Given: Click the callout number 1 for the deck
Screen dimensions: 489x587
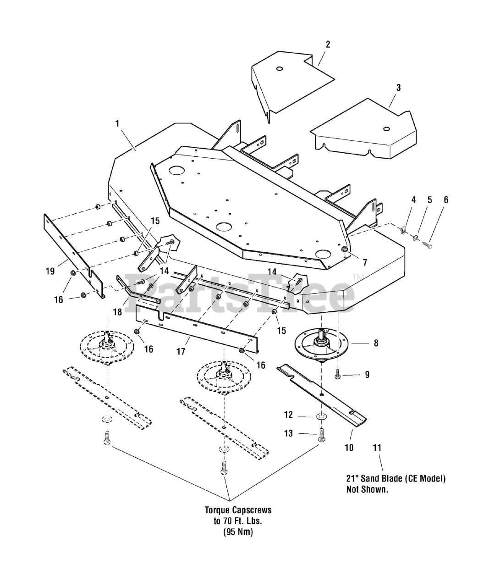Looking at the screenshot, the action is (x=117, y=123).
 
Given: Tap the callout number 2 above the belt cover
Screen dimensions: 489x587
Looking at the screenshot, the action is (x=328, y=44).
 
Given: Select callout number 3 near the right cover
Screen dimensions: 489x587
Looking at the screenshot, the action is (x=398, y=88).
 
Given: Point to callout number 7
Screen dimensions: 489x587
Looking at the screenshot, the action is (x=365, y=263).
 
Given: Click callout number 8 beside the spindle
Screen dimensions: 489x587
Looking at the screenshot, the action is (x=376, y=343).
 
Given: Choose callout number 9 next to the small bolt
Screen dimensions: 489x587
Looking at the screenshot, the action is (x=367, y=375).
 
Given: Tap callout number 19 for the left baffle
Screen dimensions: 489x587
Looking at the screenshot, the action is (x=50, y=271).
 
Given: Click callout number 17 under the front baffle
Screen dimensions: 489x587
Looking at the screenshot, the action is (x=181, y=351).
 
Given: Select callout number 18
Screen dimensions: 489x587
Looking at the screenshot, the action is (x=117, y=312).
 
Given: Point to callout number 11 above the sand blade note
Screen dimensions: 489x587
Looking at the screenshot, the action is (x=377, y=448).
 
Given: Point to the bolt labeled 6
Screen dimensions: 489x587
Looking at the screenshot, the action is (x=428, y=245).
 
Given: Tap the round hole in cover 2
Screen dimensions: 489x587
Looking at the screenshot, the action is (x=279, y=69).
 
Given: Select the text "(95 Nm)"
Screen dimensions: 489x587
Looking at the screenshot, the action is (x=238, y=532).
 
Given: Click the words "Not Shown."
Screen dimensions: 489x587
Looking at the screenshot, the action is (x=367, y=489).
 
